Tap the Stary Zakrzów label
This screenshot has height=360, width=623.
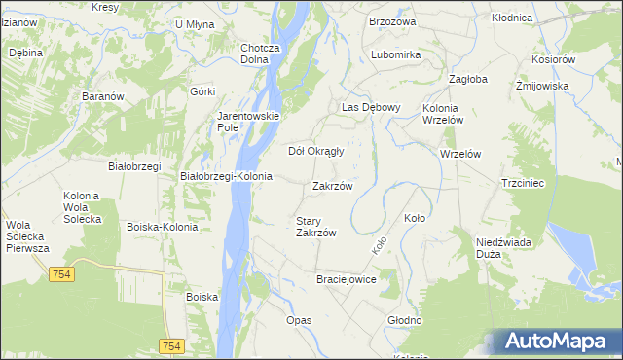click(315, 227)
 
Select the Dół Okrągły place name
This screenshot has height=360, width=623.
click(317, 151)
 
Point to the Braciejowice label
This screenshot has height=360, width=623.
click(346, 279)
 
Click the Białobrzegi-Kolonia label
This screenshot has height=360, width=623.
click(227, 176)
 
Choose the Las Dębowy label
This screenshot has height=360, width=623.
click(370, 107)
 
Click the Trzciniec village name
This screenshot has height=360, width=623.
click(528, 183)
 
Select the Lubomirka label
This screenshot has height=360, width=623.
click(395, 54)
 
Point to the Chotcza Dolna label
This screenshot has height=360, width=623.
click(260, 53)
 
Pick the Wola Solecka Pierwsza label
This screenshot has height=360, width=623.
click(27, 236)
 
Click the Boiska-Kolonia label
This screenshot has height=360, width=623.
click(162, 226)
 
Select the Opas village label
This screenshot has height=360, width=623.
click(298, 319)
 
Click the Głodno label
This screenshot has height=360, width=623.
click(404, 319)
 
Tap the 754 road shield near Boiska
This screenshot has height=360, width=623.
click(172, 346)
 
